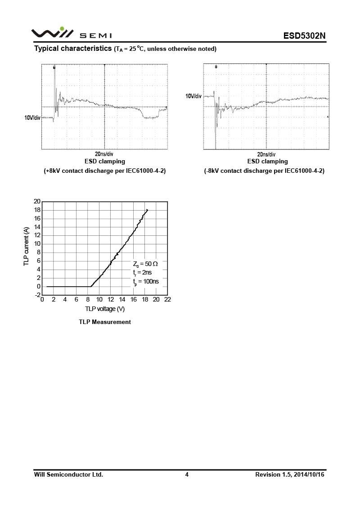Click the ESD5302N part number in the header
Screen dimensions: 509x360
click(x=304, y=36)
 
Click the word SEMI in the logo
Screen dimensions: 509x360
click(x=96, y=36)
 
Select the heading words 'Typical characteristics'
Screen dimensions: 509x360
click(x=73, y=48)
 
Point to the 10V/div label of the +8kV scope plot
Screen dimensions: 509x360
click(x=32, y=118)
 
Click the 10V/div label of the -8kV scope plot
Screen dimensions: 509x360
click(x=193, y=96)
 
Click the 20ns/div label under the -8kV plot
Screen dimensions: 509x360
click(x=266, y=154)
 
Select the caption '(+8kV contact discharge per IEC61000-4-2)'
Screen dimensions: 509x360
click(x=105, y=171)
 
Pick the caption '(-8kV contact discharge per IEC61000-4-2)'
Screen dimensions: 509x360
click(x=265, y=171)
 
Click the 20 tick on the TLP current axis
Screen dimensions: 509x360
click(x=37, y=201)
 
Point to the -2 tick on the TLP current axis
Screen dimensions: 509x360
click(x=37, y=295)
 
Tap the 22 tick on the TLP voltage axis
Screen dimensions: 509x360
click(x=168, y=300)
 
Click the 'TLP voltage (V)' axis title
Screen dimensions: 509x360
click(x=105, y=309)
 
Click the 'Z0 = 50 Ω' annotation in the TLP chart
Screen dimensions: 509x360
click(x=145, y=264)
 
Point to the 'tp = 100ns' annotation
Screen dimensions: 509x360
click(x=146, y=282)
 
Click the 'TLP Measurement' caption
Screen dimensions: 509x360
click(x=105, y=322)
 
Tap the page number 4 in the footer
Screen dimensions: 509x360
click(x=187, y=474)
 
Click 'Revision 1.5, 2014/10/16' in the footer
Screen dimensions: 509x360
click(x=290, y=474)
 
